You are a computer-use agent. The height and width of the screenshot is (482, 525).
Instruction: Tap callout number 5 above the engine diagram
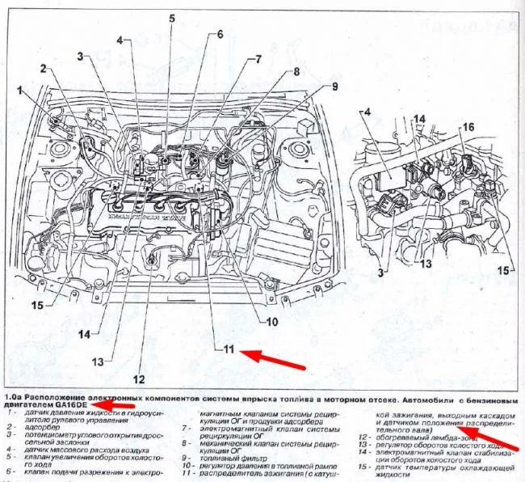(172, 17)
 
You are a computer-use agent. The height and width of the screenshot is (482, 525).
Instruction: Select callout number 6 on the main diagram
(220, 34)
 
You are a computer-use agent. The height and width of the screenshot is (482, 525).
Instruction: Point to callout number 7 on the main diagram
(258, 58)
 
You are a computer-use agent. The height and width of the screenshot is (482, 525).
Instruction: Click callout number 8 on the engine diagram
(296, 72)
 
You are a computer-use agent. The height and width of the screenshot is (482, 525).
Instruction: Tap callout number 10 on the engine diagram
(271, 321)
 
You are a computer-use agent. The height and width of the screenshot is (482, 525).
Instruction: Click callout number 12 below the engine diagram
(139, 377)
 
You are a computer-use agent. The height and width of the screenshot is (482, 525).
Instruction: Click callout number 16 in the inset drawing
(466, 128)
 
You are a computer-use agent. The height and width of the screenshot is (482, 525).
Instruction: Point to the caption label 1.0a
(12, 399)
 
